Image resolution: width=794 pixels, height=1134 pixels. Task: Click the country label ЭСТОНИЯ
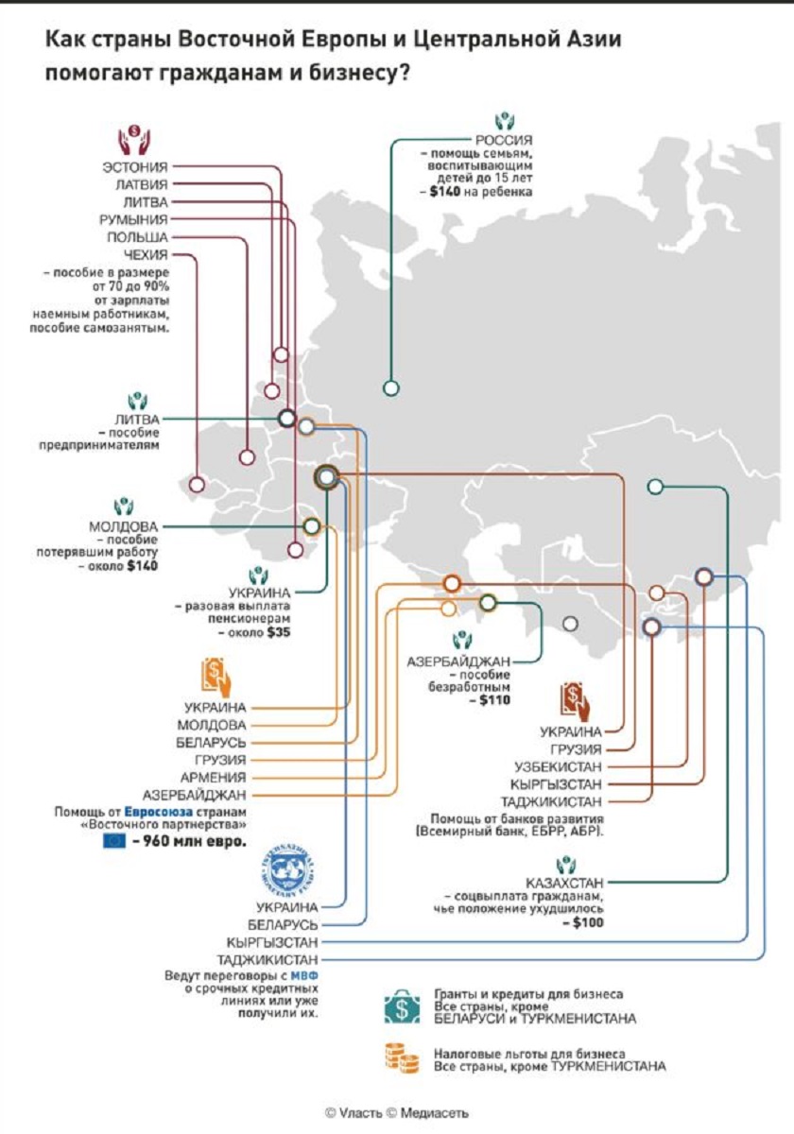click(134, 167)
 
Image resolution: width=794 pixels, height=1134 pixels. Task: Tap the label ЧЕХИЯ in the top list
click(146, 254)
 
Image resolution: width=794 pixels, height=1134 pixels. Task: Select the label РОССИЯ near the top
click(504, 140)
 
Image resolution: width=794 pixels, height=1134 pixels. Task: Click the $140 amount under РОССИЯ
click(444, 191)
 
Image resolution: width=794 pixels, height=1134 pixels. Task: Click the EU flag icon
click(114, 841)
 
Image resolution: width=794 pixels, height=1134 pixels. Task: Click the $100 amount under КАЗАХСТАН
click(588, 922)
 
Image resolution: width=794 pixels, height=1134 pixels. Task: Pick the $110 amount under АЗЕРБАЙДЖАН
click(494, 700)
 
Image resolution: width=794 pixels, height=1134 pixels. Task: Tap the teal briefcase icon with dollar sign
click(402, 1008)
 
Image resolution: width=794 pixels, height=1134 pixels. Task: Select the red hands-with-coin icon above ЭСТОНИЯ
click(134, 140)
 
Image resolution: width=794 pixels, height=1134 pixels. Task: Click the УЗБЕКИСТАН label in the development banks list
click(558, 767)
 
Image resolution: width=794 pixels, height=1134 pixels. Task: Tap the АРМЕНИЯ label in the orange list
click(214, 777)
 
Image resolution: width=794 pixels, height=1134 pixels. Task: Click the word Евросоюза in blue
click(159, 812)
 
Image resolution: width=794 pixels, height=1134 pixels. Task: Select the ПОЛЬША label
click(137, 237)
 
